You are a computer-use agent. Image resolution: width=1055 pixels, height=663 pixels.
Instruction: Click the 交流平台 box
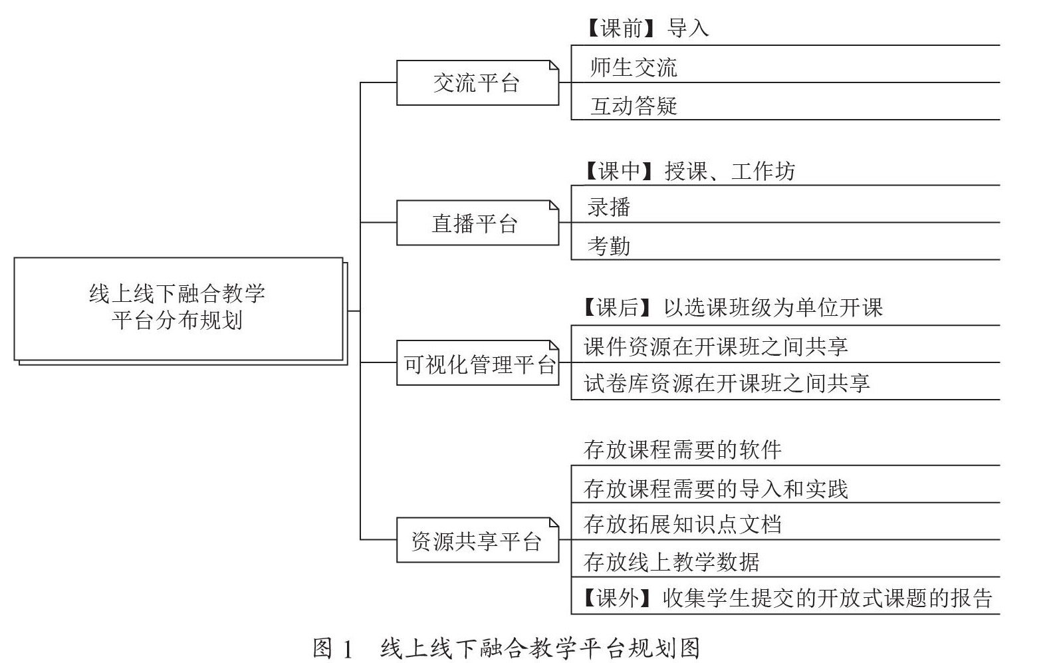477,83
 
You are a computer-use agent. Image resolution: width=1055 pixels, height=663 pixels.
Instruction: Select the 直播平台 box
477,223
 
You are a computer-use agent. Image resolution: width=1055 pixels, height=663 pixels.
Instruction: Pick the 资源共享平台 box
477,541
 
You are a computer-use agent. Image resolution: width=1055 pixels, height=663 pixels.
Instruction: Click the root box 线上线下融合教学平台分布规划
178,308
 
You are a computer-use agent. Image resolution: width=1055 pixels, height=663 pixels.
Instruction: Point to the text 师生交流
634,67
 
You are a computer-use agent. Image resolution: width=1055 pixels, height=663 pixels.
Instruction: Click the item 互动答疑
634,106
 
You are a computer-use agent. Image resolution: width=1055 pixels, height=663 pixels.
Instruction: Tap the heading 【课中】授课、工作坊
688,172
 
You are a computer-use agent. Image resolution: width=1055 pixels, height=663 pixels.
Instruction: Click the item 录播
609,207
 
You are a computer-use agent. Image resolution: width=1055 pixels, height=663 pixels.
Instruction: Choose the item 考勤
609,246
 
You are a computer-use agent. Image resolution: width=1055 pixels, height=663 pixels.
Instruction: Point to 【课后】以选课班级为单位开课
731,307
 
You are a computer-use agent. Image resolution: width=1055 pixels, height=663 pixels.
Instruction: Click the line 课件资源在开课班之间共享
715,346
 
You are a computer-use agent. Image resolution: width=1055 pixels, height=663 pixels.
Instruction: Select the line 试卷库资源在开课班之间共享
727,383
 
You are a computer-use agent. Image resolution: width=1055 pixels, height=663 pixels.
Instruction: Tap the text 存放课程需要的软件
683,450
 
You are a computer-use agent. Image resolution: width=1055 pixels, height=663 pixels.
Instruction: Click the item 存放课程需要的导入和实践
715,489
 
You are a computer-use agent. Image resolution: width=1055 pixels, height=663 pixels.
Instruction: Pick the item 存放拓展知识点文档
683,524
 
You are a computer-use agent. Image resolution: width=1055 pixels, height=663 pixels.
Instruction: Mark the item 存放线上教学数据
671,563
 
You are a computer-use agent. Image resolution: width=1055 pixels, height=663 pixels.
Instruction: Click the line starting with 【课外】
786,598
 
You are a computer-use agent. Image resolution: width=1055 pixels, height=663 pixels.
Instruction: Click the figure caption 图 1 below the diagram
507,648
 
